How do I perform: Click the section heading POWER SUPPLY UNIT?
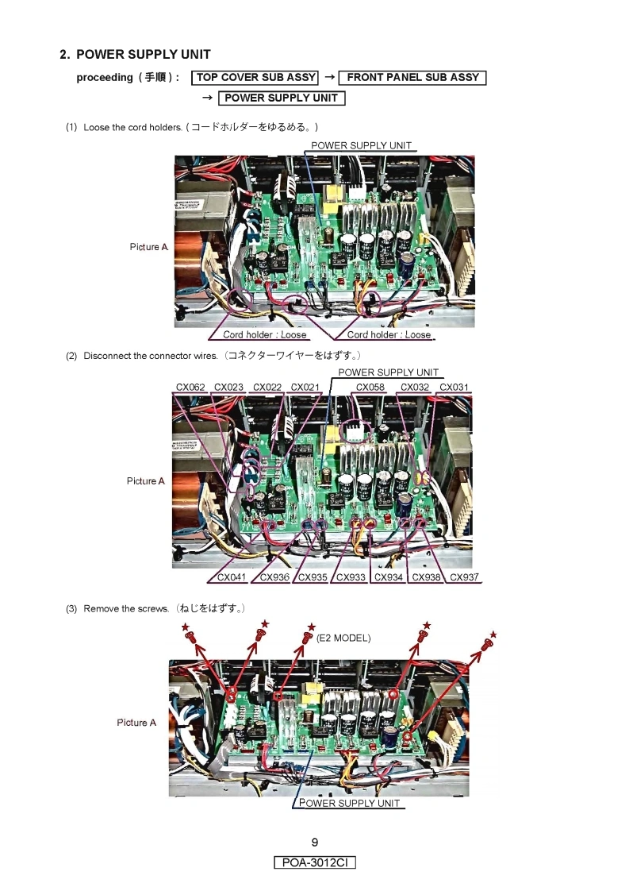(143, 55)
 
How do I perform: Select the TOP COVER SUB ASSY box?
(255, 77)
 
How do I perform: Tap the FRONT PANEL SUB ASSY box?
(412, 77)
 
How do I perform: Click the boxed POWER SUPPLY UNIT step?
(282, 98)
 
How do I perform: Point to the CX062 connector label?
(190, 387)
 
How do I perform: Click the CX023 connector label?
(228, 387)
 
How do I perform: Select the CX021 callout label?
(305, 387)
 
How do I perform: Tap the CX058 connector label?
(370, 387)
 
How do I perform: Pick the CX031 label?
(454, 387)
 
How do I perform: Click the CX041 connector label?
(232, 577)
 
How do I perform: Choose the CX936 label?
(274, 577)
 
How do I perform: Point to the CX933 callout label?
(351, 577)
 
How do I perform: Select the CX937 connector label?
(464, 577)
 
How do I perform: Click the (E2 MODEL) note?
(343, 638)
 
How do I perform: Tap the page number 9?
(315, 842)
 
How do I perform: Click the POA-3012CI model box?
(315, 862)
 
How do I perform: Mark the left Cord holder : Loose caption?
(265, 334)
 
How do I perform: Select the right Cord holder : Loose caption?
(389, 334)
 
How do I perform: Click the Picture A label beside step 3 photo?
(136, 722)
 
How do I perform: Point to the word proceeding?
(105, 78)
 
